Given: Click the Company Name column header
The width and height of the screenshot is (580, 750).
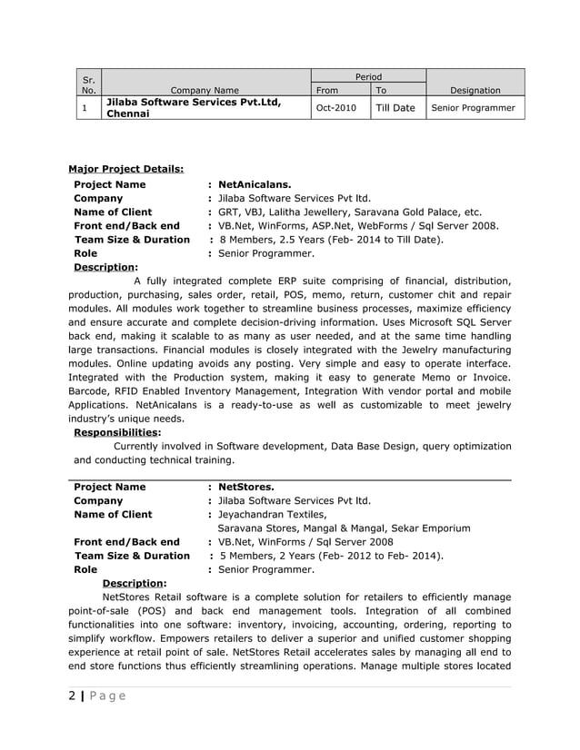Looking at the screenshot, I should pos(205,90).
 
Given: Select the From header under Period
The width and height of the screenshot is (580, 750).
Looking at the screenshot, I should pos(326,90).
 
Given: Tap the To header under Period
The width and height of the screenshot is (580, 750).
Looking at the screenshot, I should pos(381,90).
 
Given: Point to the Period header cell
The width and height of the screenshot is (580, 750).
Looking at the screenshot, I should pos(368,77).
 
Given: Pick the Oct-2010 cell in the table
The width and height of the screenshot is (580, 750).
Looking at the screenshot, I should pos(336,108).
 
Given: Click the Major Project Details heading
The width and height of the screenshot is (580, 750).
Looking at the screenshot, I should pos(125,168).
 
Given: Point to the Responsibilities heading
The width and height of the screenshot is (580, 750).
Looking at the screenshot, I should pos(116,433).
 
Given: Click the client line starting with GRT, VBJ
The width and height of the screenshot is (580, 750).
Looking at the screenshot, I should pos(350,212).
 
